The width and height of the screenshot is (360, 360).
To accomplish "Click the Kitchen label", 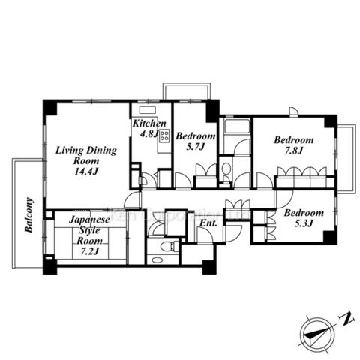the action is pyautogui.click(x=149, y=123).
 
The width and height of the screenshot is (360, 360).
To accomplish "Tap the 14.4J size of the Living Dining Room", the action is pyautogui.click(x=86, y=171).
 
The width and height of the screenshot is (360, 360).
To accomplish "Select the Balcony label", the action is pyautogui.click(x=29, y=215).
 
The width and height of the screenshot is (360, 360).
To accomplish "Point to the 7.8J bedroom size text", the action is pyautogui.click(x=294, y=151).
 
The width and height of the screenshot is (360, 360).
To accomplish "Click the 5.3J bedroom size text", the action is pyautogui.click(x=304, y=223).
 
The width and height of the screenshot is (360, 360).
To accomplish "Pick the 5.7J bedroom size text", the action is pyautogui.click(x=196, y=147).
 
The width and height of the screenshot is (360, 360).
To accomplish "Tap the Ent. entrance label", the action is pyautogui.click(x=208, y=223).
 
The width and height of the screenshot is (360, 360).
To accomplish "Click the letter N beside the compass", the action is pyautogui.click(x=346, y=319).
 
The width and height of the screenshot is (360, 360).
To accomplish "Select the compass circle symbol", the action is pyautogui.click(x=317, y=335).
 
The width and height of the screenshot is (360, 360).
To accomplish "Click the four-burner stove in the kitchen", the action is pyautogui.click(x=164, y=136).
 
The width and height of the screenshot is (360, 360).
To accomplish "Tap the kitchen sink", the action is pyautogui.click(x=148, y=110).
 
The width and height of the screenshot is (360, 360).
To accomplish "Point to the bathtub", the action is pyautogui.click(x=237, y=127).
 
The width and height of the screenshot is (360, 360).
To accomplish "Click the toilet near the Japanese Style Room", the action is pyautogui.click(x=168, y=246).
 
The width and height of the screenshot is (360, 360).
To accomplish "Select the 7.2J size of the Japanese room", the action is pyautogui.click(x=89, y=251).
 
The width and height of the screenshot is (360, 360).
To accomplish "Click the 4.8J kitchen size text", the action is pyautogui.click(x=149, y=134).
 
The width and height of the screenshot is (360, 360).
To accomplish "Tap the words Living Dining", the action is pyautogui.click(x=86, y=151).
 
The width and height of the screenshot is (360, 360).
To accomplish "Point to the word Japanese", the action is pyautogui.click(x=89, y=220).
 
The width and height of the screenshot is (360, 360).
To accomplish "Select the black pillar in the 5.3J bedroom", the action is pyautogui.click(x=329, y=237).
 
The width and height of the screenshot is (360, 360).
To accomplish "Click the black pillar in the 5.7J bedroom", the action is pyautogui.click(x=212, y=111).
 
